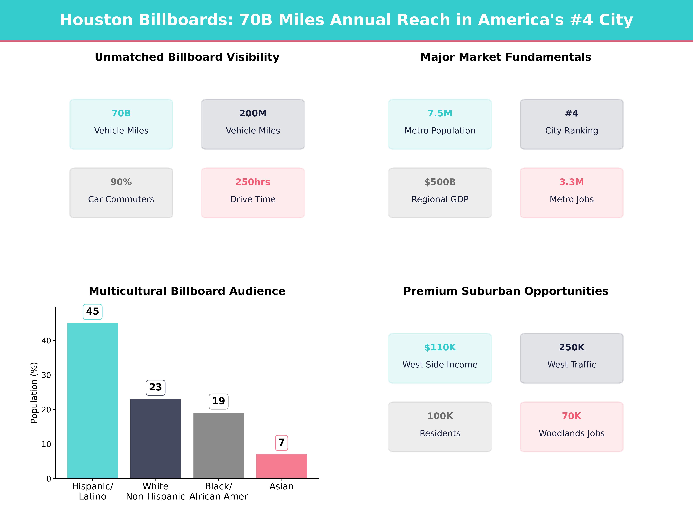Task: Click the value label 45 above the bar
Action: [x=92, y=312]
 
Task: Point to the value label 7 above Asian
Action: [x=281, y=443]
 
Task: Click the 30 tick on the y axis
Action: [x=46, y=375]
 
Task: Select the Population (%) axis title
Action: [x=34, y=392]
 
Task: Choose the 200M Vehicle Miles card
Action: [x=253, y=124]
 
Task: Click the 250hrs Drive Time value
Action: [x=253, y=182]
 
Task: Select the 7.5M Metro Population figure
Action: [x=440, y=114]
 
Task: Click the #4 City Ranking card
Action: [x=571, y=124]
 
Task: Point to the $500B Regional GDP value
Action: [x=440, y=182]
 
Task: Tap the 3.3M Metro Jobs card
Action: [x=571, y=193]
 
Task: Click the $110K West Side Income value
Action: [x=440, y=347]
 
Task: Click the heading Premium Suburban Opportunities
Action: [x=506, y=291]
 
